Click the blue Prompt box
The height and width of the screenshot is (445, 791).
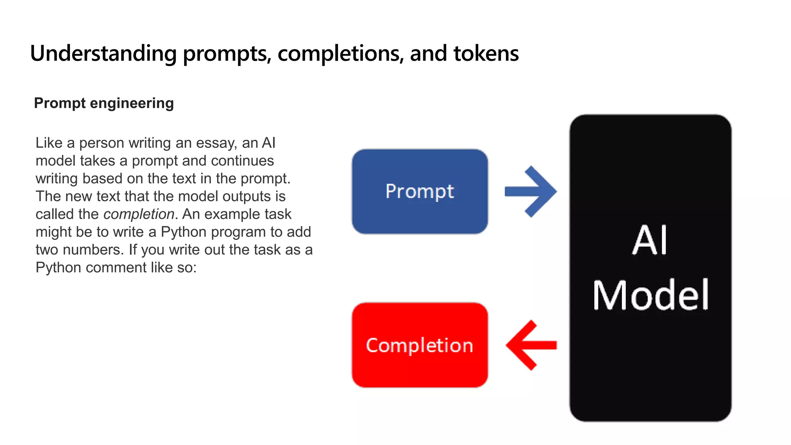click(419, 191)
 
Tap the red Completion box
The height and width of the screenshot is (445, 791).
click(419, 345)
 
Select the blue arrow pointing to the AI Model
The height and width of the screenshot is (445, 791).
click(531, 192)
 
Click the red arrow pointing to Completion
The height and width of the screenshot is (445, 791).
click(531, 345)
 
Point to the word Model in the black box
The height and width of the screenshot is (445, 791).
click(650, 296)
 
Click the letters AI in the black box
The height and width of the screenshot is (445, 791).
click(650, 241)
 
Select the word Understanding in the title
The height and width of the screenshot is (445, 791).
click(103, 53)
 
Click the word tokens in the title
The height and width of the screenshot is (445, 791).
click(486, 53)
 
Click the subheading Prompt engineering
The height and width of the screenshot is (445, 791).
click(104, 103)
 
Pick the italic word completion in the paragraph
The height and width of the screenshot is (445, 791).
click(139, 214)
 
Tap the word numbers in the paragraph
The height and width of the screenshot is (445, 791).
click(93, 250)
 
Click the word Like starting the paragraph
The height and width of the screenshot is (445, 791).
click(49, 143)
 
